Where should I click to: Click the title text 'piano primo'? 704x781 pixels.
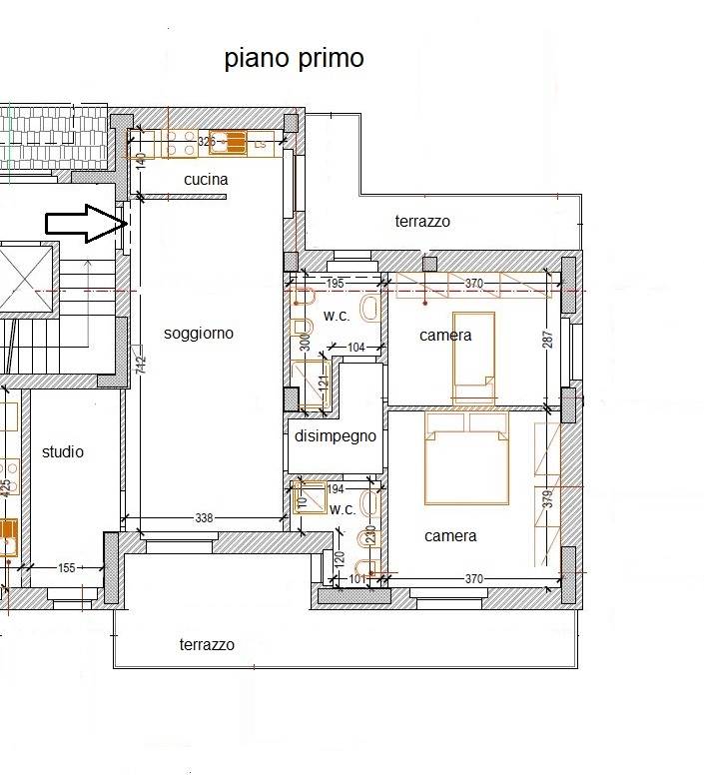tap(294, 59)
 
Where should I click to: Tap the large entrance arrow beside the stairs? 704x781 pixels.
tap(83, 224)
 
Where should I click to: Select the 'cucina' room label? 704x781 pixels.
tap(206, 180)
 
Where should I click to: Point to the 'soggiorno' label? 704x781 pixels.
tap(199, 333)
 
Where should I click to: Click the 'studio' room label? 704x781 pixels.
tap(63, 451)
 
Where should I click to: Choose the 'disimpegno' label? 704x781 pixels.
tap(335, 435)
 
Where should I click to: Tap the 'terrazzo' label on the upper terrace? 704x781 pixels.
tap(422, 221)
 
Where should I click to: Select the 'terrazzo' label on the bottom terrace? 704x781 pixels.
tap(207, 644)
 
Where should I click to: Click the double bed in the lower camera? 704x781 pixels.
tap(467, 457)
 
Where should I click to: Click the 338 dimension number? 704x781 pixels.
tap(204, 518)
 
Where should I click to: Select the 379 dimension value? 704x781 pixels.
tap(547, 499)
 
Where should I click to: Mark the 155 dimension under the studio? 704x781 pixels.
tap(66, 567)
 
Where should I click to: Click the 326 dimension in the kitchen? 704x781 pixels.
tap(207, 142)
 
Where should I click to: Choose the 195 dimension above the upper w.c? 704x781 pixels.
tap(336, 284)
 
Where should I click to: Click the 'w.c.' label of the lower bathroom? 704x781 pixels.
tap(343, 509)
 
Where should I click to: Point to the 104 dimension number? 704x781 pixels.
tap(356, 347)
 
